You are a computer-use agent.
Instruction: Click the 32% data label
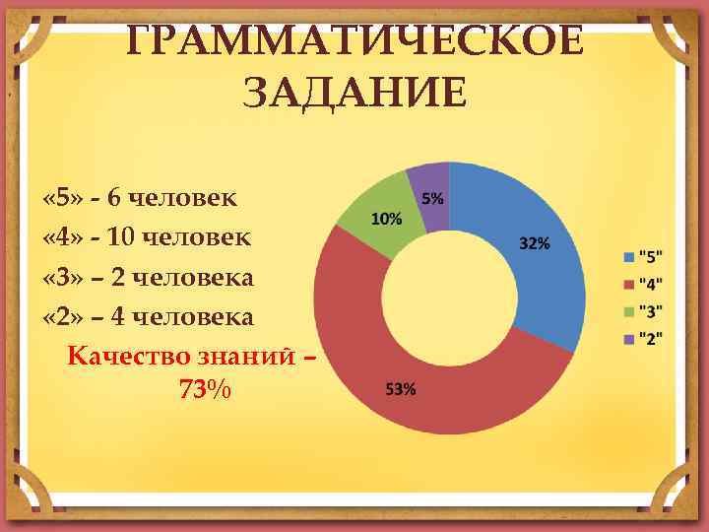tap(534, 243)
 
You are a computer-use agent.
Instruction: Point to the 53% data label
tap(400, 389)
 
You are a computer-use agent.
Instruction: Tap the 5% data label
tap(432, 198)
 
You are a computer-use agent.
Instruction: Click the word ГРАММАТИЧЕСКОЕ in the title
tap(354, 44)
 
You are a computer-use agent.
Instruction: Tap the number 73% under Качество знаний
tap(205, 391)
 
